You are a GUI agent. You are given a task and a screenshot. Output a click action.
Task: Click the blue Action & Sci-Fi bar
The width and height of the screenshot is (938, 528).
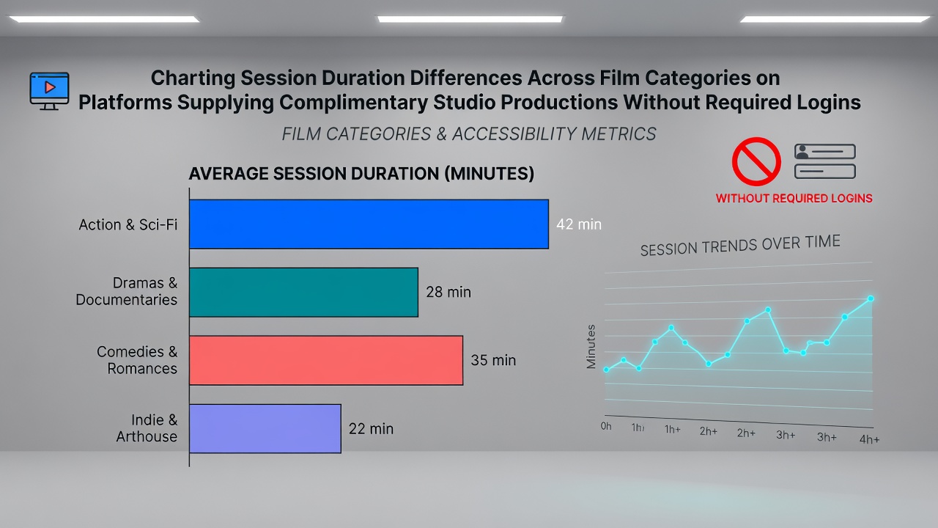[x=369, y=224]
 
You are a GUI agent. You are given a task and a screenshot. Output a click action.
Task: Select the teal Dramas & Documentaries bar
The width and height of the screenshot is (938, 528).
[x=303, y=292]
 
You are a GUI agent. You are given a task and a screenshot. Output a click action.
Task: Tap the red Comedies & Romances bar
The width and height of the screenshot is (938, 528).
[x=326, y=360]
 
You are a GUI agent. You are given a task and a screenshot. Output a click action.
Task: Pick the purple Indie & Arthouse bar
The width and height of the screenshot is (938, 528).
[x=265, y=429]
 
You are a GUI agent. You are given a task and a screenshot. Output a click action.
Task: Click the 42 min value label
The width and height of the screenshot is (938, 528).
[x=579, y=224]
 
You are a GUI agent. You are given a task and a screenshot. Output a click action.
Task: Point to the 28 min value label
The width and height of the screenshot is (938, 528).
[x=448, y=292]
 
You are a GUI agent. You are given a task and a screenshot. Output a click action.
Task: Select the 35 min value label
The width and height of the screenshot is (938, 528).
[x=493, y=360]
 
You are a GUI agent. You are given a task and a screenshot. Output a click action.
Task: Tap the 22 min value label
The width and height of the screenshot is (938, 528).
[x=371, y=429]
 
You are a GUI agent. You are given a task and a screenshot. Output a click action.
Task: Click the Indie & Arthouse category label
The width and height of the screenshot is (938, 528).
[x=147, y=428]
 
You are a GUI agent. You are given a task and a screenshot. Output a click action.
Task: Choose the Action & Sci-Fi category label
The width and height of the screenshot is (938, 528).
[x=128, y=225]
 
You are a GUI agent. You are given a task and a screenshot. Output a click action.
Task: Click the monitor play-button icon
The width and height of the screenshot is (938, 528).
[x=49, y=91]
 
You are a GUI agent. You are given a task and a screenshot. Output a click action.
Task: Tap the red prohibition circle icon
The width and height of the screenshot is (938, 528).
[x=756, y=161]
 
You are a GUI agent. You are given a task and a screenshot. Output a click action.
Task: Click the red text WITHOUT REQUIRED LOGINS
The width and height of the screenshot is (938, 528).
[x=794, y=198]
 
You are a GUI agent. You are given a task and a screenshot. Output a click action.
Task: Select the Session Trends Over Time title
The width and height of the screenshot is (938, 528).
[x=740, y=245]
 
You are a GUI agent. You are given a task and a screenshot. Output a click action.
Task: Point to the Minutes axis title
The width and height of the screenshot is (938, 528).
[x=591, y=347]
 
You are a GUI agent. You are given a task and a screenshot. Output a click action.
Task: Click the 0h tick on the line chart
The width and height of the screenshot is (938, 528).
[x=606, y=426]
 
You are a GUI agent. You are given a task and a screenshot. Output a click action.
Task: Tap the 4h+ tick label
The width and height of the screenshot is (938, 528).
[x=869, y=439]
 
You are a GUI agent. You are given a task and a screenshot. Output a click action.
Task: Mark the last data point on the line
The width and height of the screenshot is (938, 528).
[x=871, y=298]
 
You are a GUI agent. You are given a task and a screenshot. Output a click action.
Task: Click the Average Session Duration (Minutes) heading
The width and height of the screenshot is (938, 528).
[x=361, y=174]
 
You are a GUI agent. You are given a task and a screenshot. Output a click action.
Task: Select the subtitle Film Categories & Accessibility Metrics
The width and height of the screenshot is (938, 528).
[x=468, y=134]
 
